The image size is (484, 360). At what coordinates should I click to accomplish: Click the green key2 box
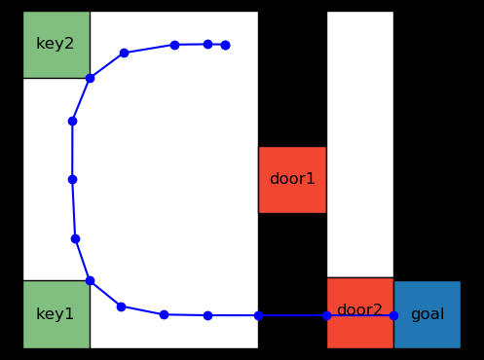tap(56, 45)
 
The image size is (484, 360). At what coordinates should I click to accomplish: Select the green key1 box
tap(56, 313)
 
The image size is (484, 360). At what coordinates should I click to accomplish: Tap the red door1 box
tap(292, 179)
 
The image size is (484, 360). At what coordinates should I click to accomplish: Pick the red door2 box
tap(359, 312)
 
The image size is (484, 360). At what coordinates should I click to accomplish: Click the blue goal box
tap(427, 314)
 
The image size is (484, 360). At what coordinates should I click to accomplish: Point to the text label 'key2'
tap(56, 44)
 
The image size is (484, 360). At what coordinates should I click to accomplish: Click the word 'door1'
tap(292, 179)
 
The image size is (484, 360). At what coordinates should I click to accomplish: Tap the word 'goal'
tap(428, 314)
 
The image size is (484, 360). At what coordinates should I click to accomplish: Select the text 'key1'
tap(56, 314)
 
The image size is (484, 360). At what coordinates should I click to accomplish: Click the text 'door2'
tap(359, 310)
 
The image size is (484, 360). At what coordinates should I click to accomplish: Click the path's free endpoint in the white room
tap(225, 45)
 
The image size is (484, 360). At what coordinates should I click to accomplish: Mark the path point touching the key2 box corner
tap(90, 78)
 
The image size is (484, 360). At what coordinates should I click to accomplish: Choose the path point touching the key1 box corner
tap(90, 280)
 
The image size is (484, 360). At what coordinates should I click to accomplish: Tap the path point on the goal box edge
tap(393, 315)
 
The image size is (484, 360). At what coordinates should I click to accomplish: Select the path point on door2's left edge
tap(326, 315)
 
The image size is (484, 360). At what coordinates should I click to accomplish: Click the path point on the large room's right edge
tap(258, 315)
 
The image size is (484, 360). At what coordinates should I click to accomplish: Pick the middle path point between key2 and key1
tap(72, 179)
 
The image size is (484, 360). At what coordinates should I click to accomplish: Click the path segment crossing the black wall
tap(292, 315)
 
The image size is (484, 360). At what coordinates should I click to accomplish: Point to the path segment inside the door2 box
tap(360, 315)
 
